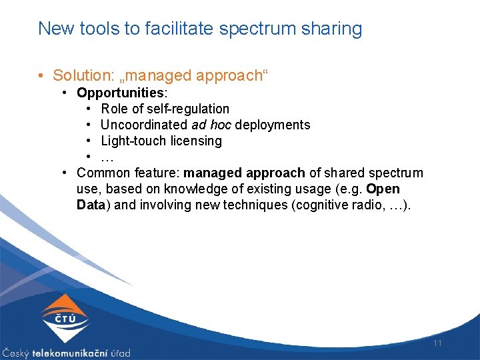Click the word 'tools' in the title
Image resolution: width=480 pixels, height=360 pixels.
point(97,29)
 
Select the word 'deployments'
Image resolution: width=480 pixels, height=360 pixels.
point(273,125)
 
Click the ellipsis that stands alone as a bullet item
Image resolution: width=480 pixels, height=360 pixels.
point(107,157)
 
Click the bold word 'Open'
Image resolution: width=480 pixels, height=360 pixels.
point(383,189)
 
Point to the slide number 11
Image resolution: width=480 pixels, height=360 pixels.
point(438,343)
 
